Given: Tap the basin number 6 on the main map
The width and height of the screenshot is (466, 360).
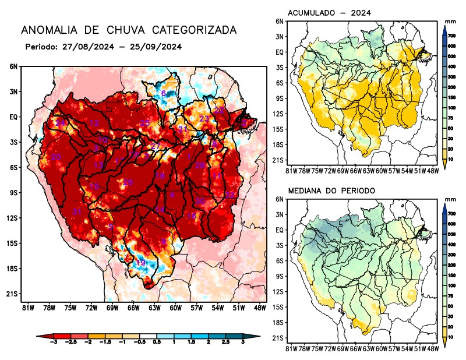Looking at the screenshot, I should [164, 94].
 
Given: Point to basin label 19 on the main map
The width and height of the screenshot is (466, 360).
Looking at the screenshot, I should [140, 263].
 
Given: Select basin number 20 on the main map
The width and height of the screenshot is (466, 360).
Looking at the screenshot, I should [56, 157].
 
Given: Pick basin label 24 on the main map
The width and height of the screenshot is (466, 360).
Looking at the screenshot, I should [61, 123].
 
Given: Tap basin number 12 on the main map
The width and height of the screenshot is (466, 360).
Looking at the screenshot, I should [94, 123].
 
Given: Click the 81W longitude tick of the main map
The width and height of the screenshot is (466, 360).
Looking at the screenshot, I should [26, 307].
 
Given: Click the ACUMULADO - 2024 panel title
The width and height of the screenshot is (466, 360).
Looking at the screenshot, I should [330, 13].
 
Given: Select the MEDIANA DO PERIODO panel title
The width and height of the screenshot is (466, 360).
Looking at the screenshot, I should [331, 190].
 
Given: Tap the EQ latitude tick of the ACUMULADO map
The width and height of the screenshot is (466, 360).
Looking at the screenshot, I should [280, 52].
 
